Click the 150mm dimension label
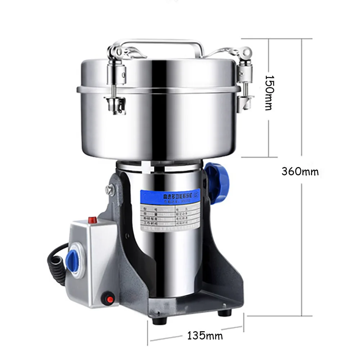(271, 93)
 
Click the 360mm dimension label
(300, 172)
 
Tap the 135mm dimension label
(205, 336)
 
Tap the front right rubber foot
(224, 312)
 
